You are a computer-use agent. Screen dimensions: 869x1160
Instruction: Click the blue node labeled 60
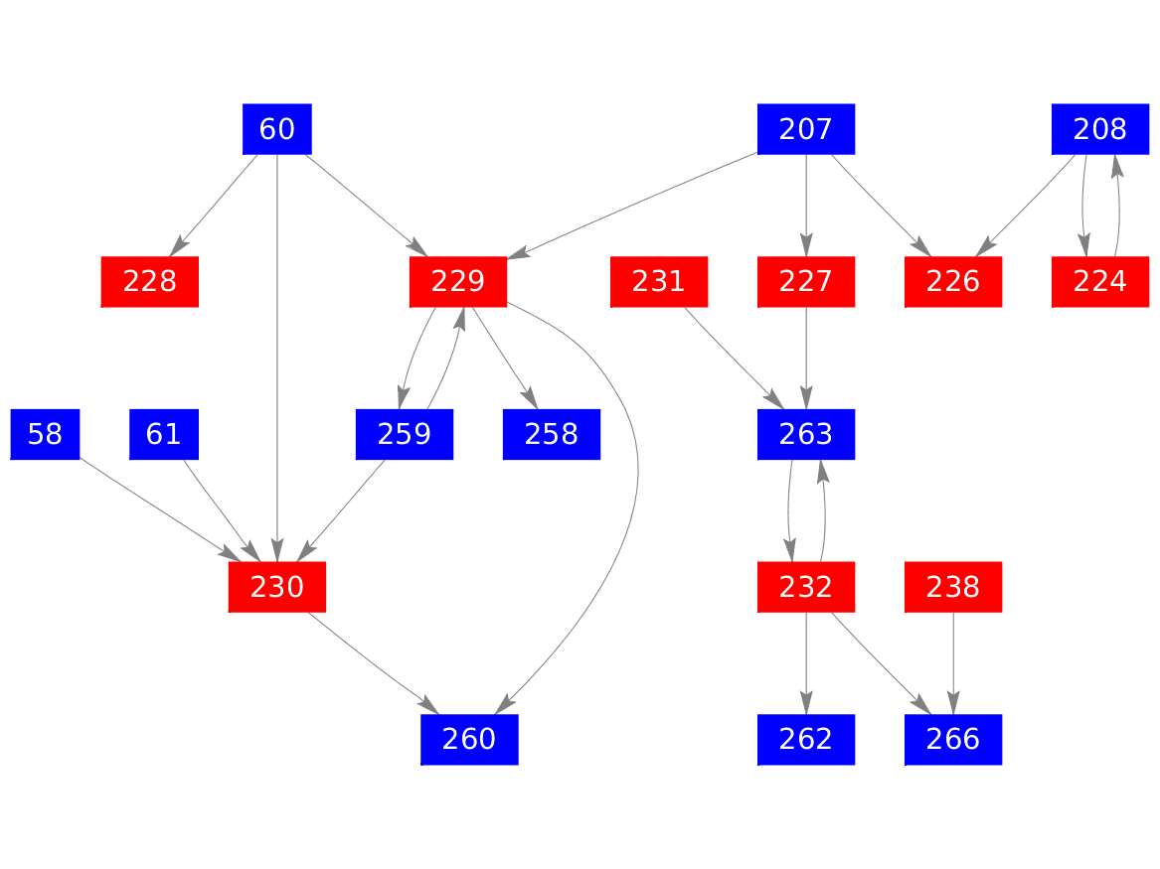pos(277,129)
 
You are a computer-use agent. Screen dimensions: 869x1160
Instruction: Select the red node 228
pos(150,282)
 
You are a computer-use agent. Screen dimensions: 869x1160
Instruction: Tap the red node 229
pos(458,282)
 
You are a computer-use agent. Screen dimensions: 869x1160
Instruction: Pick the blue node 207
pos(806,129)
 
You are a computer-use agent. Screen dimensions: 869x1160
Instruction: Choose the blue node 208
pos(1100,129)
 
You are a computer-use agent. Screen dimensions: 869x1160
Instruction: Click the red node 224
pos(1100,282)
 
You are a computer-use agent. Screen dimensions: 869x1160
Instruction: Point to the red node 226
pos(953,282)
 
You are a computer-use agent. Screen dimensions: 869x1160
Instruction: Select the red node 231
pos(659,282)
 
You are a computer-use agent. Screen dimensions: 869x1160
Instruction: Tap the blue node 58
pos(45,435)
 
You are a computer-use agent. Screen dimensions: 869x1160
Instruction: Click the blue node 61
pos(164,435)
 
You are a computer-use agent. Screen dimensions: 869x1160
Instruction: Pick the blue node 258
pos(552,435)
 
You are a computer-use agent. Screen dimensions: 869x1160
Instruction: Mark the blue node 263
pos(806,435)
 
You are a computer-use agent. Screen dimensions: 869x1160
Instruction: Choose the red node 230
pos(277,588)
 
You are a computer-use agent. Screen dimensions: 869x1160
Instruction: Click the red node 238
pos(953,588)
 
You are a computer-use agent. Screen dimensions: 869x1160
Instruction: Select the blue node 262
pos(806,741)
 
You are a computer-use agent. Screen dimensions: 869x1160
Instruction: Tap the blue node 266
pos(953,741)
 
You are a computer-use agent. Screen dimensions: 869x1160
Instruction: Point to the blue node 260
pos(469,741)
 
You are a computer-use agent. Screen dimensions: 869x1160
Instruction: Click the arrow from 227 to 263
pos(806,358)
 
